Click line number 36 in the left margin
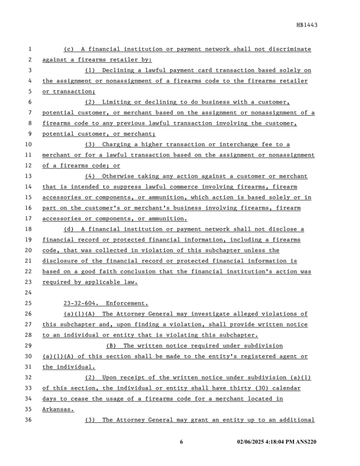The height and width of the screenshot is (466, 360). coord(28,420)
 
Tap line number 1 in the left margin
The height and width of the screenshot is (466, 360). coord(30,49)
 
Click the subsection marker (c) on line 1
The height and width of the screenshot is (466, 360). coord(69,49)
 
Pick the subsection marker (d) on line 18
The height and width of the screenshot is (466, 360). coord(69,229)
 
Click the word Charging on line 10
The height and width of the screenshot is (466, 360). coord(117,144)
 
